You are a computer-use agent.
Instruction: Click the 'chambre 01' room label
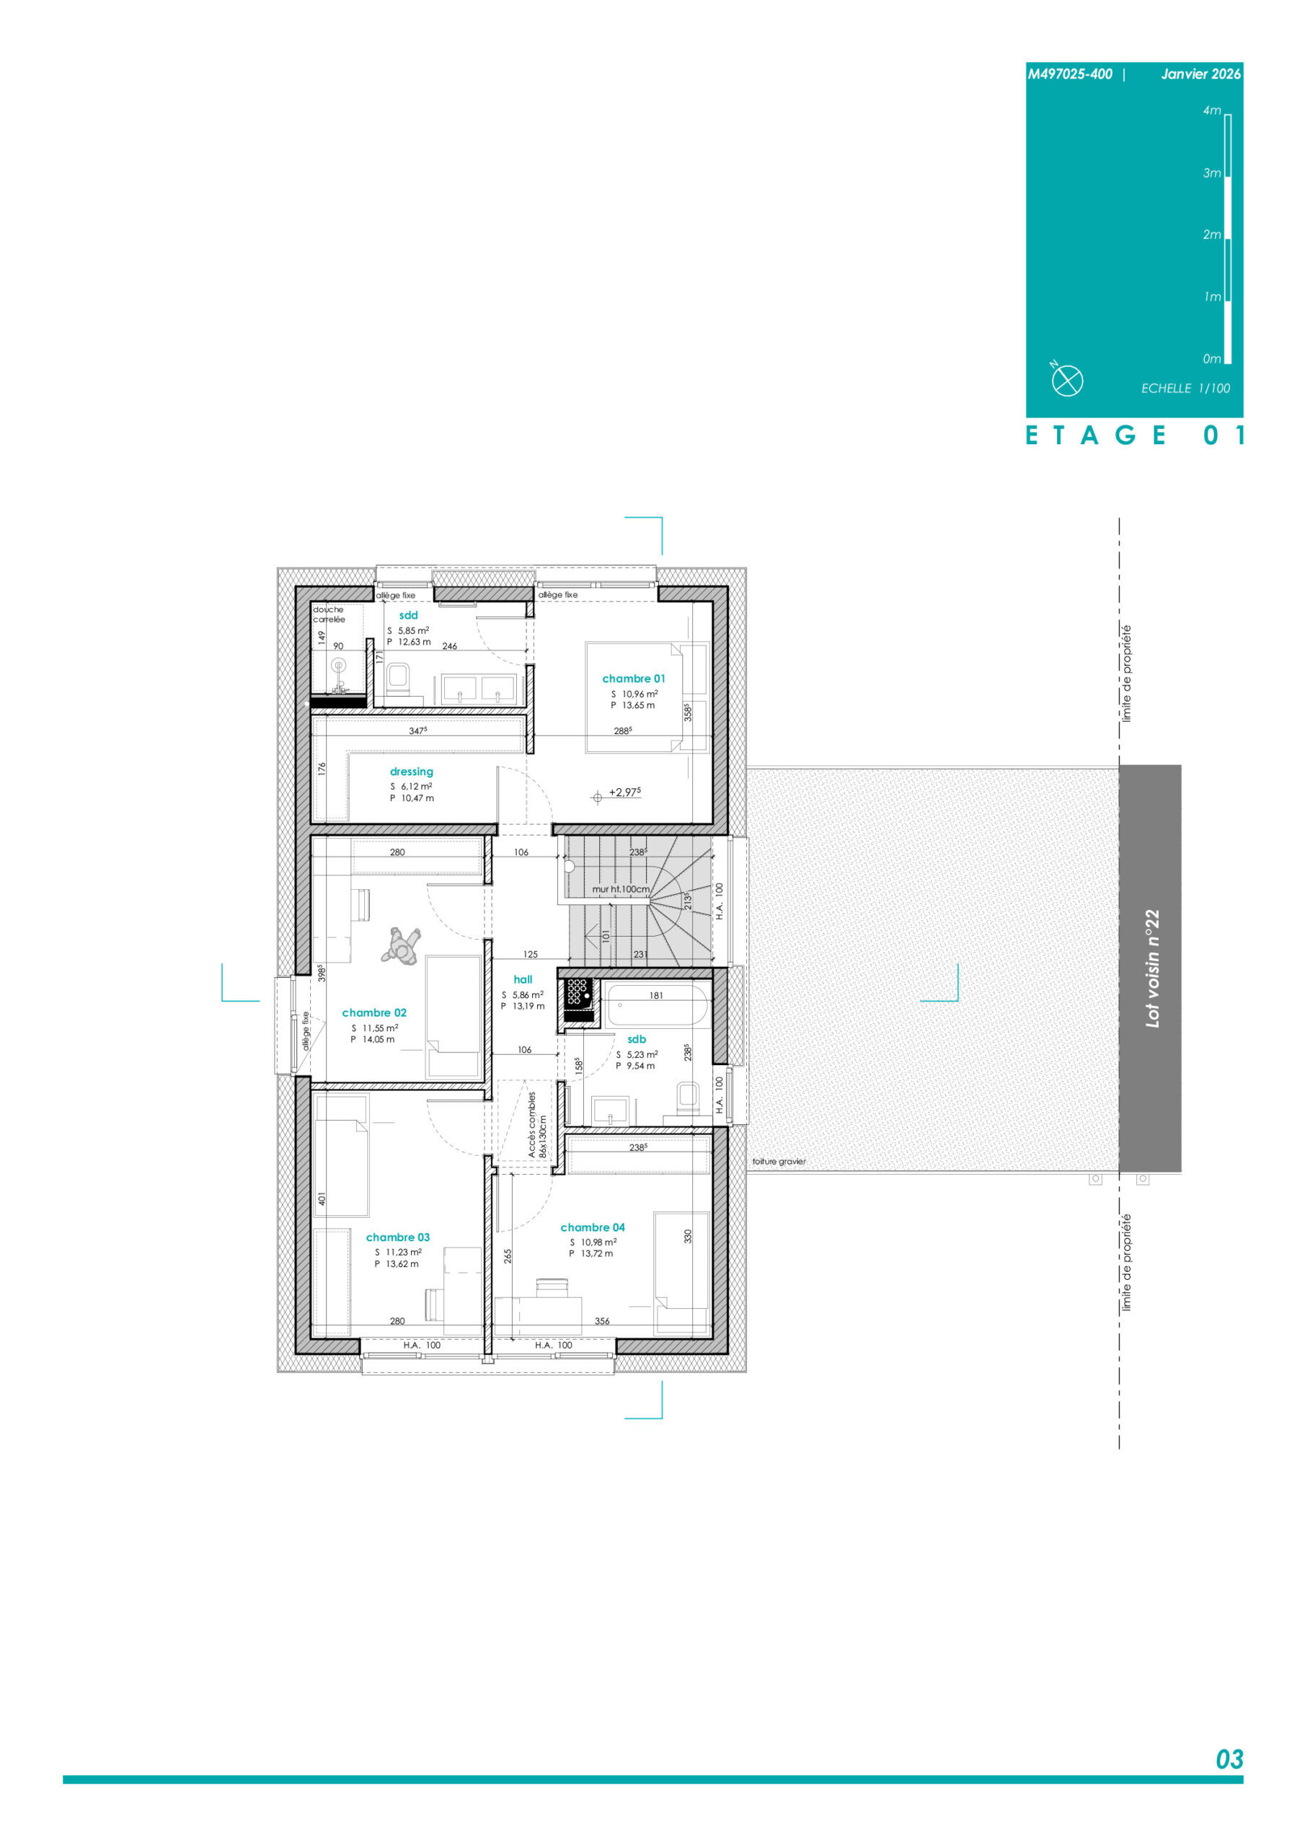pyautogui.click(x=634, y=679)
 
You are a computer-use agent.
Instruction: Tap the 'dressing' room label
pyautogui.click(x=411, y=772)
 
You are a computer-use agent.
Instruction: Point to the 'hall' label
pyautogui.click(x=523, y=979)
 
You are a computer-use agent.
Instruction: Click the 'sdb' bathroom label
pyautogui.click(x=636, y=1039)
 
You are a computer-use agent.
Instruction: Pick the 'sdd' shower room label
pyautogui.click(x=409, y=615)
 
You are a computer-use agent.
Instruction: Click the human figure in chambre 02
pyautogui.click(x=400, y=945)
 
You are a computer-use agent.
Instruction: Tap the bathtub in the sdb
pyautogui.click(x=657, y=1005)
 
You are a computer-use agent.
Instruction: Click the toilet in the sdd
pyautogui.click(x=398, y=679)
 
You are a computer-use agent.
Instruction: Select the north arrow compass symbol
pyautogui.click(x=1067, y=380)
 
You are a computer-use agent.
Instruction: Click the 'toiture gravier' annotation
pyautogui.click(x=779, y=1161)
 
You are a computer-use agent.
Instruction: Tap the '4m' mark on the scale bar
pyautogui.click(x=1212, y=111)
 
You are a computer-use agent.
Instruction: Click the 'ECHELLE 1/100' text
pyautogui.click(x=1185, y=389)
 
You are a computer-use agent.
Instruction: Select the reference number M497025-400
pyautogui.click(x=1069, y=74)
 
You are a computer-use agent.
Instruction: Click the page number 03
pyautogui.click(x=1229, y=1760)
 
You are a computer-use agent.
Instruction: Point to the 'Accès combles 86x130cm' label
pyautogui.click(x=537, y=1125)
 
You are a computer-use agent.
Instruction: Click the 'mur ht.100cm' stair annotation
pyautogui.click(x=621, y=889)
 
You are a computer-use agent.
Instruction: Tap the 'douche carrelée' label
pyautogui.click(x=329, y=614)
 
